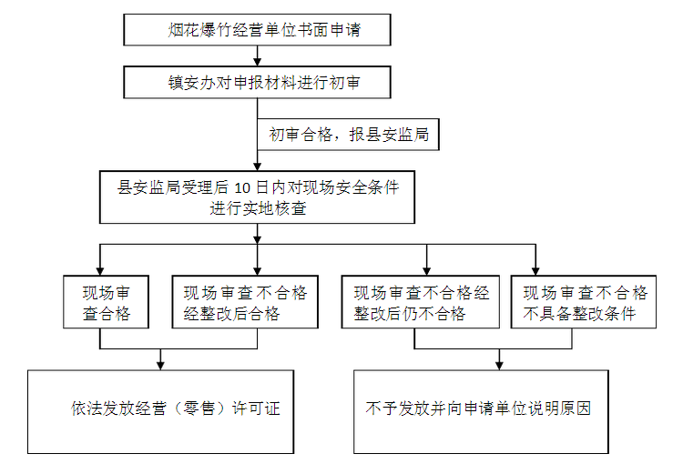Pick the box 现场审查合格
pos(107,303)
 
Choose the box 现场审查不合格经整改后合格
pos(245,303)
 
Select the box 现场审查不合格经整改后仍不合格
pos(422,303)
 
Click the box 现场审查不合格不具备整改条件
pos(586,303)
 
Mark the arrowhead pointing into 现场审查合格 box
pos(99,269)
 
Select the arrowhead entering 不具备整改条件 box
pos(535,269)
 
